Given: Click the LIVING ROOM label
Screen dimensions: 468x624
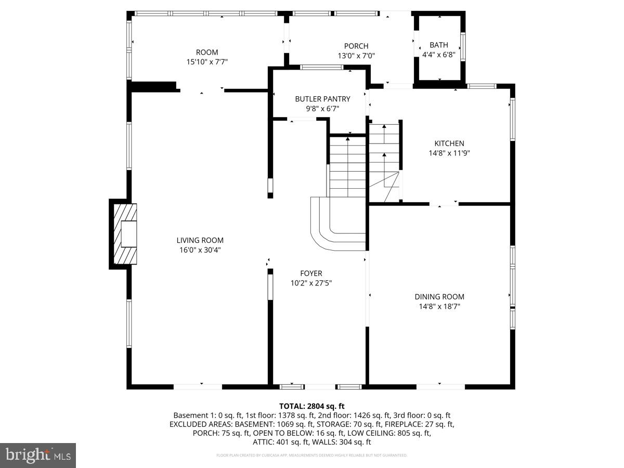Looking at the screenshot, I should click(200, 240).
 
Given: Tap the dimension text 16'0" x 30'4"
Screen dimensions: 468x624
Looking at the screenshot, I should click(200, 250).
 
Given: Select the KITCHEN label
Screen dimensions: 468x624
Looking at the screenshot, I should click(449, 144).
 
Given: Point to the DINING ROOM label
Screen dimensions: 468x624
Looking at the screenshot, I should click(439, 297).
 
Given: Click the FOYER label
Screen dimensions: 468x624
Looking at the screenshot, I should click(311, 274).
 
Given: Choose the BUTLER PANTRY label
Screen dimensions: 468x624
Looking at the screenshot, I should click(322, 99).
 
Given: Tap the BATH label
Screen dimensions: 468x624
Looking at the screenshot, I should click(438, 45).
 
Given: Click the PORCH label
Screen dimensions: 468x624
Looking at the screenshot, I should click(356, 46).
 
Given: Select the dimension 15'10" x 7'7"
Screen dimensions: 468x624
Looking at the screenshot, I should click(207, 62).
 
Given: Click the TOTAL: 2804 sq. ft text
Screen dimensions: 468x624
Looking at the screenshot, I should click(311, 406).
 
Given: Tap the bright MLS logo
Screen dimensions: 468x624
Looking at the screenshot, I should click(38, 455).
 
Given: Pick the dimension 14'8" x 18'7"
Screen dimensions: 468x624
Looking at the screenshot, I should click(439, 307).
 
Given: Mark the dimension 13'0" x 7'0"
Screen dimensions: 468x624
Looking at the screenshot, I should click(356, 56).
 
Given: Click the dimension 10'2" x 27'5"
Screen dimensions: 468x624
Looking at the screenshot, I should click(311, 283).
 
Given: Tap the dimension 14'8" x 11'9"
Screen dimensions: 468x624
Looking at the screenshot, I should click(449, 153).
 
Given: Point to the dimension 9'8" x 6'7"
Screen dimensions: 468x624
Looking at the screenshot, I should click(322, 109).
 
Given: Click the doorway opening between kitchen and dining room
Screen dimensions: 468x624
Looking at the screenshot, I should click(444, 203).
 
